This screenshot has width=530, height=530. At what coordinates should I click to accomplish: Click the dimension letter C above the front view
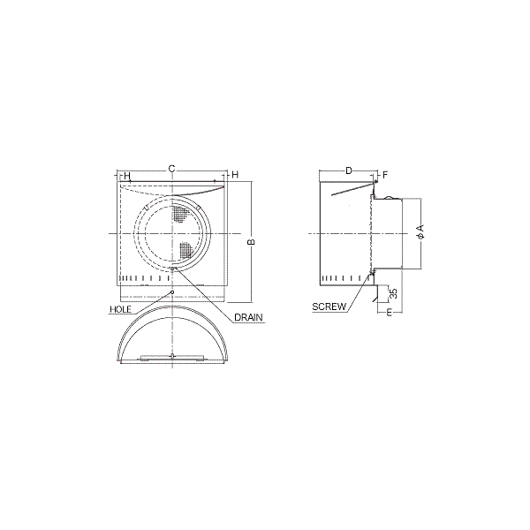click(171, 169)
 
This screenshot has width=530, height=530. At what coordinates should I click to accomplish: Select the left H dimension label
click(126, 176)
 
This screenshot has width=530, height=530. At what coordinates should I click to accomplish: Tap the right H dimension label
click(235, 174)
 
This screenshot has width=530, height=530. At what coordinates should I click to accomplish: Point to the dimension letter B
click(251, 242)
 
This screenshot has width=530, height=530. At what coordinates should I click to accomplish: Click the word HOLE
click(120, 309)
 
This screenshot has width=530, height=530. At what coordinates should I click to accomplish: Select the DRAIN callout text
click(248, 317)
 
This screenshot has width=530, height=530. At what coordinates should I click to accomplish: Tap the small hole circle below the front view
click(172, 291)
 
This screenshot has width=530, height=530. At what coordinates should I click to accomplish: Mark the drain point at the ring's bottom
click(173, 269)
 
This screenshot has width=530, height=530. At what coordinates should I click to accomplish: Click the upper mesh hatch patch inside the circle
click(180, 214)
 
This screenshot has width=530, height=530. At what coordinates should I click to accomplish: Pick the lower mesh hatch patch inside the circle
click(185, 251)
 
